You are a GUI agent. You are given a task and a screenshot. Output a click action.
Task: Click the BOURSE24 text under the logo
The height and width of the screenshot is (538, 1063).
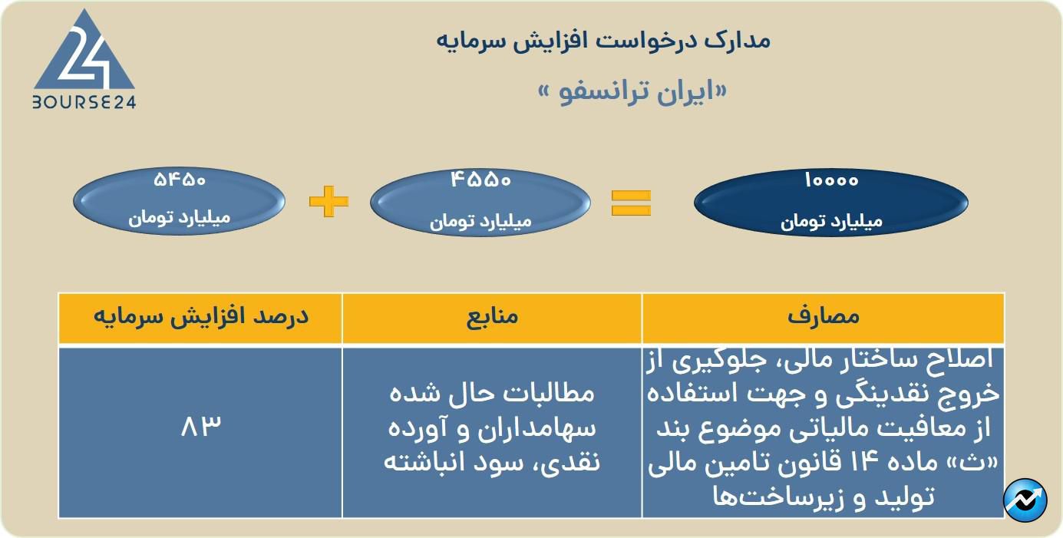click(x=84, y=102)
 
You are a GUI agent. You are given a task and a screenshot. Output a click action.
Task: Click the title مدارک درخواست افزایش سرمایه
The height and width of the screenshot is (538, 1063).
click(x=603, y=41)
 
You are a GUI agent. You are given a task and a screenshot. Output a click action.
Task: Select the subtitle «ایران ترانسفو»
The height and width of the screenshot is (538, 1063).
click(x=632, y=91)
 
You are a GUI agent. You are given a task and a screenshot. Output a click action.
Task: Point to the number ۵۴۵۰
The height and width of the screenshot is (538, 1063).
click(x=180, y=180)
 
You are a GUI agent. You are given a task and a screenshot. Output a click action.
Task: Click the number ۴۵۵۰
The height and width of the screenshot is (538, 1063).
click(x=480, y=180)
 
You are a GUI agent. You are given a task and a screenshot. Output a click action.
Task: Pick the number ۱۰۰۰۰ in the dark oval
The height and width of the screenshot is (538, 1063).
click(x=831, y=180)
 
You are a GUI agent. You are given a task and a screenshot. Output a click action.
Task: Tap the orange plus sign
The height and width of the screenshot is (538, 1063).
click(x=328, y=202)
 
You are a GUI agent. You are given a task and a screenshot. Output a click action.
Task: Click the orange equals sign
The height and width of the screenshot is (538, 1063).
click(x=631, y=203)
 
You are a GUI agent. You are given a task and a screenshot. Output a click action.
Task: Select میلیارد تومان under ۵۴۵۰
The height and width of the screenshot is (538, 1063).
click(x=180, y=218)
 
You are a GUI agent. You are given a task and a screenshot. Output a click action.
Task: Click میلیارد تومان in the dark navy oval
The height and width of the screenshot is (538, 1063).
click(x=831, y=221)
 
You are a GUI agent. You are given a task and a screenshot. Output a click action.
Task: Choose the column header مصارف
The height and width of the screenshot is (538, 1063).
click(x=824, y=316)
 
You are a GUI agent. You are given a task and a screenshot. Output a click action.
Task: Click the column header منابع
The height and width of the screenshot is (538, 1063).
click(x=492, y=316)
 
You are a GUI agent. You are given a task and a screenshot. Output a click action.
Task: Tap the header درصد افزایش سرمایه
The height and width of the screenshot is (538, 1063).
click(x=201, y=316)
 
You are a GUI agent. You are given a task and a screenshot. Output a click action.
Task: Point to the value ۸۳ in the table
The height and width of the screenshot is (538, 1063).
click(x=201, y=425)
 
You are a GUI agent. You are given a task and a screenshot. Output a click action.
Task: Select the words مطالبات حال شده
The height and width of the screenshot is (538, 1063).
click(x=492, y=394)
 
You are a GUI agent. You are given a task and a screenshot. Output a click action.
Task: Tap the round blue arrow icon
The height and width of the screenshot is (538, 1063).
click(x=1025, y=500)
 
